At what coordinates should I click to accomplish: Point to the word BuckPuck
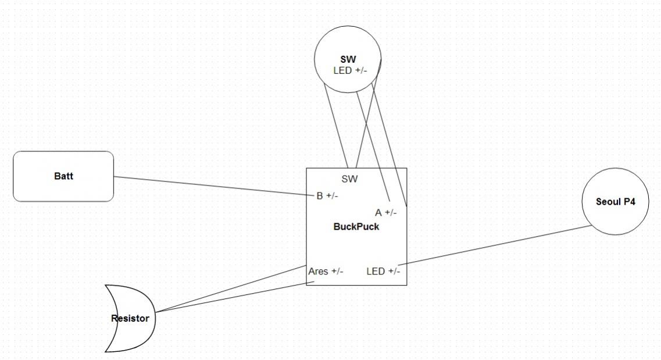click(356, 227)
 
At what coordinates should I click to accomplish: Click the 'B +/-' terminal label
click(327, 196)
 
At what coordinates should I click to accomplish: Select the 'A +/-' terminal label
click(386, 213)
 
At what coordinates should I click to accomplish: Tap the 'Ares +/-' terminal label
click(326, 271)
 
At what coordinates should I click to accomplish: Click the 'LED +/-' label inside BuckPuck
click(383, 271)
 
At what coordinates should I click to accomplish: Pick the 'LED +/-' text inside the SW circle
click(350, 70)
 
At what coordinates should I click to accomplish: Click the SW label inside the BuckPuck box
click(349, 179)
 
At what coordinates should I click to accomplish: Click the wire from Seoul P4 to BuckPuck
click(494, 245)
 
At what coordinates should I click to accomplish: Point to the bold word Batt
click(63, 176)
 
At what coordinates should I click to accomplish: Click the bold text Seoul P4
click(615, 202)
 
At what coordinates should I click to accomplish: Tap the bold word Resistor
click(130, 319)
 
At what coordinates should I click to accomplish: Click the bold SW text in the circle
click(348, 59)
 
